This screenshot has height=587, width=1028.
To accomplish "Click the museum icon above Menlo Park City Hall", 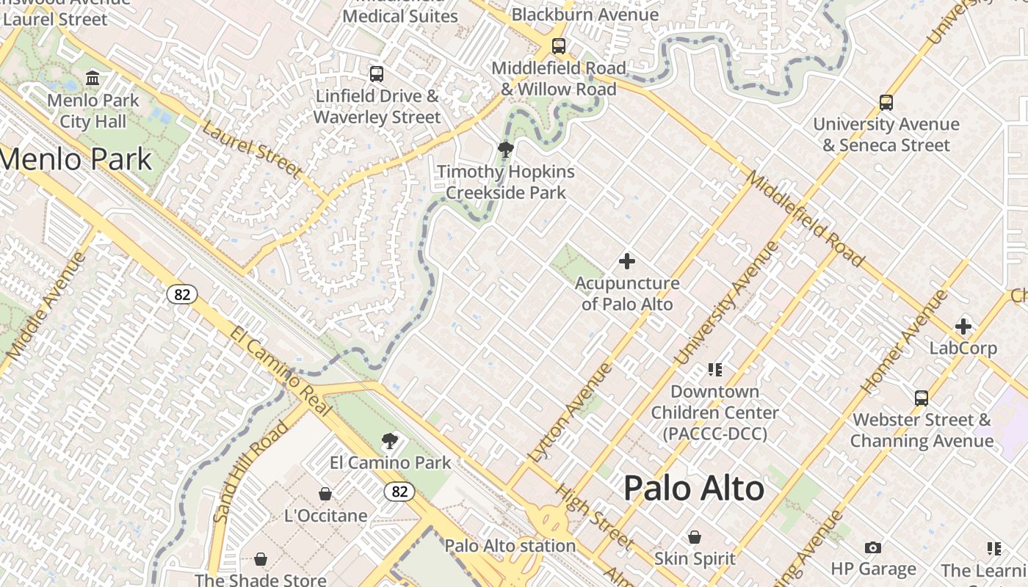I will tap(93, 77).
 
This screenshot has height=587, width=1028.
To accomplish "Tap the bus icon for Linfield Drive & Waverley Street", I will tap(376, 74).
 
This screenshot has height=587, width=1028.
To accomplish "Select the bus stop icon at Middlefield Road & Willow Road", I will tap(559, 46).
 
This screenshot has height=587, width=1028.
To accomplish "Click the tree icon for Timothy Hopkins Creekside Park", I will tap(505, 150).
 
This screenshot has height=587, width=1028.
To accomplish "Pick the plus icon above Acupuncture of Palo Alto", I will tap(627, 260).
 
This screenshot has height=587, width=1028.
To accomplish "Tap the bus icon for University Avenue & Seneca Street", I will tap(886, 103).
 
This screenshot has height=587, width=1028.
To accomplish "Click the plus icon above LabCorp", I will tap(963, 326).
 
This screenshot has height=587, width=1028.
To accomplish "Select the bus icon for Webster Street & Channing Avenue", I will tap(922, 398).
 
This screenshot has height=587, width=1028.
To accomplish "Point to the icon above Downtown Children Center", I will tap(714, 369).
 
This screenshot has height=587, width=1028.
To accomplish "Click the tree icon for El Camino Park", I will tap(390, 441).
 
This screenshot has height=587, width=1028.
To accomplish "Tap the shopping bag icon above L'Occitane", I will tap(325, 494).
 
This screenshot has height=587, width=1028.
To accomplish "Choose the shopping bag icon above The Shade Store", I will tap(260, 560).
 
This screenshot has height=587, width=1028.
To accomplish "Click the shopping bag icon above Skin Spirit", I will tap(695, 537).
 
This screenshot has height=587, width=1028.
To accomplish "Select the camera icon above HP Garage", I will tap(873, 547).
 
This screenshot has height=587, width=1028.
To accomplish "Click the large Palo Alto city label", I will tap(694, 489).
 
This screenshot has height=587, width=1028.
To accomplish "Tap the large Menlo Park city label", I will tap(76, 159).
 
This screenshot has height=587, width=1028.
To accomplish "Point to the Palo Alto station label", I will tap(510, 546).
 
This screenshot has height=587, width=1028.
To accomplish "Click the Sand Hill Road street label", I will tap(251, 471).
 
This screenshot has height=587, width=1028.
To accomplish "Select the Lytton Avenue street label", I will tap(570, 412).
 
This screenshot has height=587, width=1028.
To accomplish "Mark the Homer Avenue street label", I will tap(905, 342).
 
